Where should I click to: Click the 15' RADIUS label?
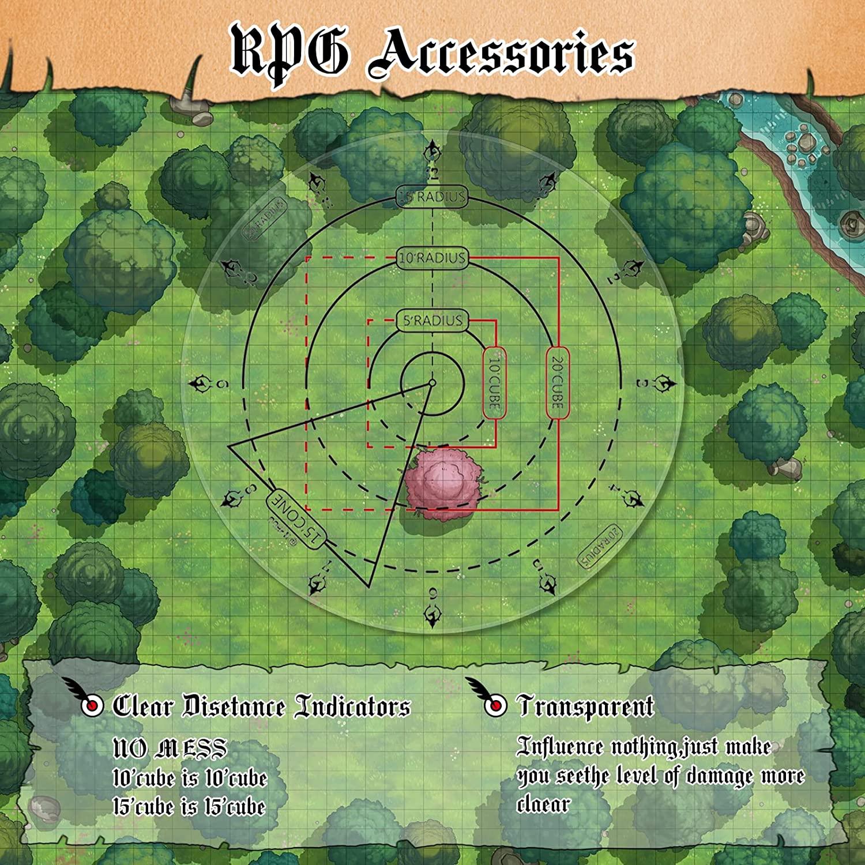coord(432,197)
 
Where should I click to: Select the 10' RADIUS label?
coord(432,258)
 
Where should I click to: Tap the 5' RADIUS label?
coord(432,321)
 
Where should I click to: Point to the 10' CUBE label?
coord(494,382)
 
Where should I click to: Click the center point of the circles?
coord(432,382)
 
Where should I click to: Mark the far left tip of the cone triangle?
coord(230,446)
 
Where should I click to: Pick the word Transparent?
coord(586,706)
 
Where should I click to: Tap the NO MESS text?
coord(170,749)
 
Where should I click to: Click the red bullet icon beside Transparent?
coord(494,706)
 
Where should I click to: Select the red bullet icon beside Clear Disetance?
coord(91,706)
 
